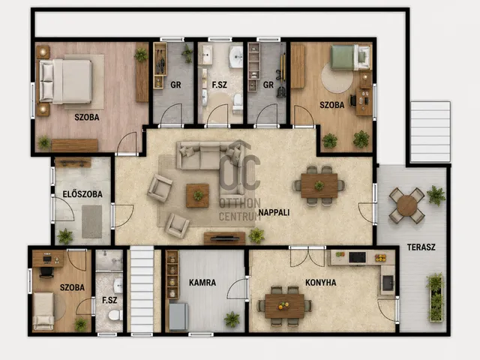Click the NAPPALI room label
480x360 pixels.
point(274,212)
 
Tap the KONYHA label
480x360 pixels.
point(321,283)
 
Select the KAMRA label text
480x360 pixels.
point(202,283)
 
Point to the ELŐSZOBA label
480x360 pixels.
point(82,194)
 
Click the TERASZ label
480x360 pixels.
point(421,247)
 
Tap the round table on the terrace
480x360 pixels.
point(406,205)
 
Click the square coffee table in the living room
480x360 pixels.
point(198,196)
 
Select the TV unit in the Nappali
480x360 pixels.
point(225,238)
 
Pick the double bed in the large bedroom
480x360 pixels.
point(65,82)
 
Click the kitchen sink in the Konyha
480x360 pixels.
point(388,283)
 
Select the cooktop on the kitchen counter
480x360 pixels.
point(357,257)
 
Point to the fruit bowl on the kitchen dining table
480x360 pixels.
point(283,305)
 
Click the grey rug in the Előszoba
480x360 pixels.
point(91,222)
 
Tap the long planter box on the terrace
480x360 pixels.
point(436,298)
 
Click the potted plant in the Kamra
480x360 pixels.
point(232,319)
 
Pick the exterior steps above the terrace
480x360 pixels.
point(430,132)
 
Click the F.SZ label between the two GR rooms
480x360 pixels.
point(220,85)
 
